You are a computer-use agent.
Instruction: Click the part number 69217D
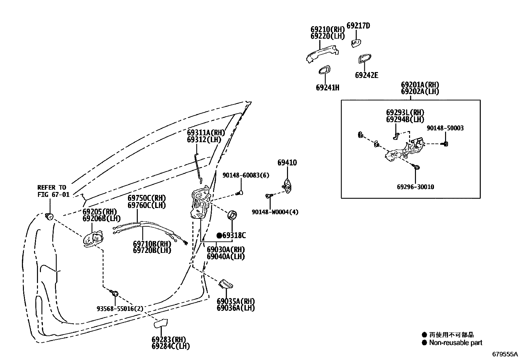pyautogui.click(x=358, y=26)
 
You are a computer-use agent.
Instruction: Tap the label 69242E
pyautogui.click(x=367, y=75)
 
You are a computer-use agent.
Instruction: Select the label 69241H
pyautogui.click(x=327, y=87)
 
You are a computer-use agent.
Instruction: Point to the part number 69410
pyautogui.click(x=287, y=163)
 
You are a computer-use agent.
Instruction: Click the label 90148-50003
pyautogui.click(x=445, y=128)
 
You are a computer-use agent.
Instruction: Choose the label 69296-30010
pyautogui.click(x=415, y=187)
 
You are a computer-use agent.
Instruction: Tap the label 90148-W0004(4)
pyautogui.click(x=275, y=212)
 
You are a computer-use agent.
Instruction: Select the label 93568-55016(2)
pyautogui.click(x=120, y=309)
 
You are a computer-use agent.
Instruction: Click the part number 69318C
pyautogui.click(x=234, y=236)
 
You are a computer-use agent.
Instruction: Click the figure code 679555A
pyautogui.click(x=505, y=354)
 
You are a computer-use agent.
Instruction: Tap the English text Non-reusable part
pyautogui.click(x=456, y=343)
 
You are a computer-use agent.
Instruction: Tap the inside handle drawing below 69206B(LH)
pyautogui.click(x=93, y=239)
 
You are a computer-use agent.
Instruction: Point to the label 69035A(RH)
pyautogui.click(x=235, y=301)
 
